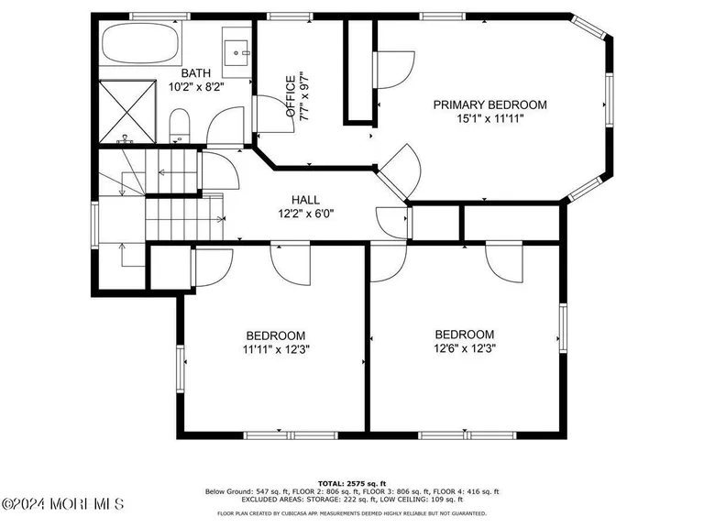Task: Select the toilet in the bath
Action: coord(180,125)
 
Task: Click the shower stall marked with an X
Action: coord(127,111)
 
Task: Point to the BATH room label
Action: coord(195,73)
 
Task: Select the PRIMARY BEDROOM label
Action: coord(489,105)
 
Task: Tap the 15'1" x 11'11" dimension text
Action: coord(489,119)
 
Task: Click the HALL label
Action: coord(305,200)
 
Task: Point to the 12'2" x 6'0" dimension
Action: coord(305,214)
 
